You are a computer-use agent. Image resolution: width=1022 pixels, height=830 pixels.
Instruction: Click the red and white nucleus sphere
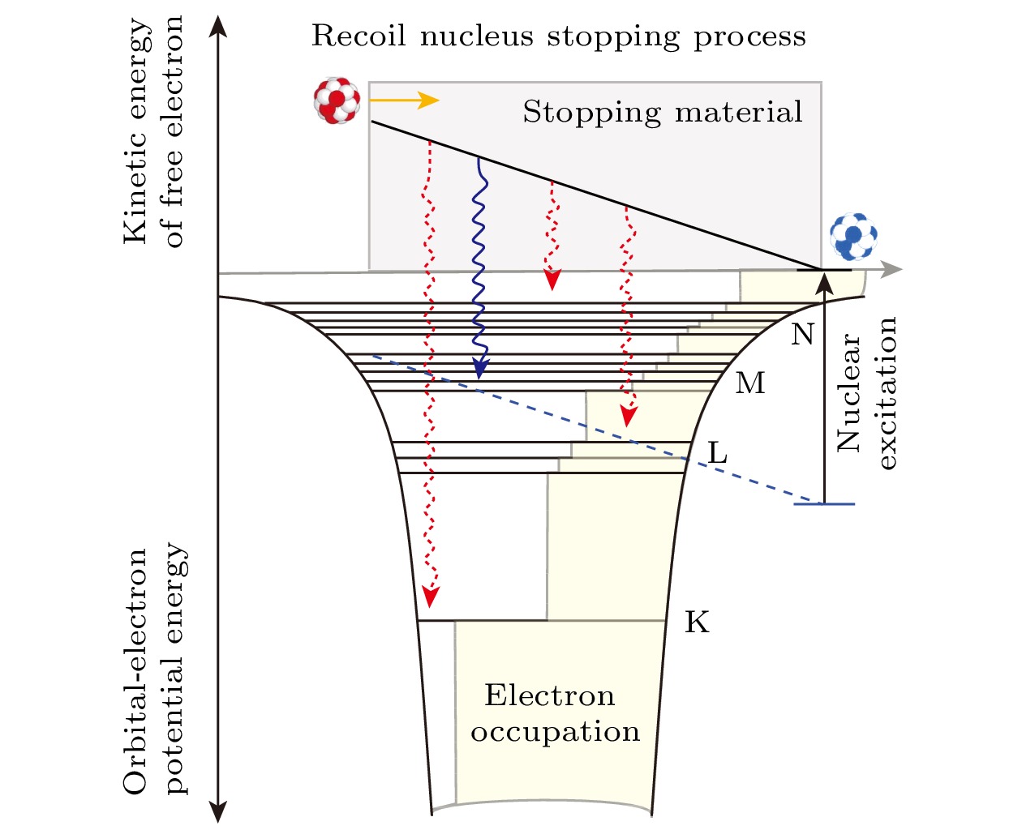[337, 101]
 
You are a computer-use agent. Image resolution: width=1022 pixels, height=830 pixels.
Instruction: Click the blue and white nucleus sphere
[853, 237]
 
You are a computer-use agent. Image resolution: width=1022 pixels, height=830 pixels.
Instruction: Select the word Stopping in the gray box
[591, 112]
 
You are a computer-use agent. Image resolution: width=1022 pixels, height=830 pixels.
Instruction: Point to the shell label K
[697, 622]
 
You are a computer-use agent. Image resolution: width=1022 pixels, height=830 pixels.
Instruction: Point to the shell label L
[717, 453]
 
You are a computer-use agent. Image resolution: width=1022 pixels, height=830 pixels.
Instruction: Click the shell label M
[750, 383]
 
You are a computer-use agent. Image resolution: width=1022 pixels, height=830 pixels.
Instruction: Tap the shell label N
[802, 334]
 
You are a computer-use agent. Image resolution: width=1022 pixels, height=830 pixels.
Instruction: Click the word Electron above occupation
[550, 695]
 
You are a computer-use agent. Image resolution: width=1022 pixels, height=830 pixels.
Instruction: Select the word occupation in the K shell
[556, 732]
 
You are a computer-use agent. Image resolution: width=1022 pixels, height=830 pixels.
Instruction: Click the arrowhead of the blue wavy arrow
[480, 370]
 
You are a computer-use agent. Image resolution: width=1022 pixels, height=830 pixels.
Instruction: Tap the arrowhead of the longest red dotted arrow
[431, 597]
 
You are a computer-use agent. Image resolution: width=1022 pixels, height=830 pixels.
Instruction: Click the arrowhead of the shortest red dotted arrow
[552, 280]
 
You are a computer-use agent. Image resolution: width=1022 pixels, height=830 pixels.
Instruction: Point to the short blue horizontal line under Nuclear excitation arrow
[824, 504]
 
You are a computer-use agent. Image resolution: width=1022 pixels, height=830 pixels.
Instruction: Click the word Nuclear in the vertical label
[848, 393]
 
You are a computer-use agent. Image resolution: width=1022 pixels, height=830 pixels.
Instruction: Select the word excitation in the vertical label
[887, 393]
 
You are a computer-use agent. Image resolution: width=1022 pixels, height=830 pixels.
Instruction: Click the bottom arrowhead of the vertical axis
[217, 811]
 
